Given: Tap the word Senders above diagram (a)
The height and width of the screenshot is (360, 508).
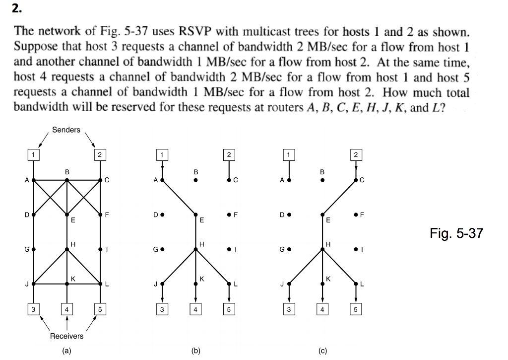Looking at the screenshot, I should (x=66, y=130).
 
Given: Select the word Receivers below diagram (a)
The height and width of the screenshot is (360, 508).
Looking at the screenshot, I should (x=66, y=336).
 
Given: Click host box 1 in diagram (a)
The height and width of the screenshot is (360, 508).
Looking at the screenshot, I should (x=33, y=154).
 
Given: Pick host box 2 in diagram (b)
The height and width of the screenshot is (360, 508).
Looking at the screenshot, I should (x=228, y=154).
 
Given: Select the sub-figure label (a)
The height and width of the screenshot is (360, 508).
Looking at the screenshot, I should (x=66, y=351).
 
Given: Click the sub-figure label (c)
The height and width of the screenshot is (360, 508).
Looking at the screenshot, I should (x=322, y=351).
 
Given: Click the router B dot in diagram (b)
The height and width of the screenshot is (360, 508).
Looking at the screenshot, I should (x=195, y=180).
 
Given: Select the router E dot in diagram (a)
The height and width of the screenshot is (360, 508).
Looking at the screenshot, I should (x=67, y=215).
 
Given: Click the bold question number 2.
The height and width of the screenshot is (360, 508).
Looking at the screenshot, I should (x=18, y=9).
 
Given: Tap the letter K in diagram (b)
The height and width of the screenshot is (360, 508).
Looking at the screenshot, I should (x=201, y=278).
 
